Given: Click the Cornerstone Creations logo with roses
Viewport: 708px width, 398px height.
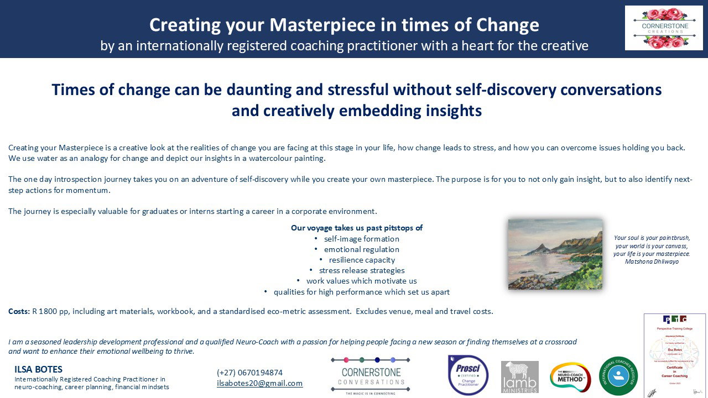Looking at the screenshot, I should coord(664,28).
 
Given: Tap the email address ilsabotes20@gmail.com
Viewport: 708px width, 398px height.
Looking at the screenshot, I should coord(259,383).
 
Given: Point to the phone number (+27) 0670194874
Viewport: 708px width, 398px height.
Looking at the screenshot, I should coord(249,373).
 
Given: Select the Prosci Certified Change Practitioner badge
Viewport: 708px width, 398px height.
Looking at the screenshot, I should coord(468,375).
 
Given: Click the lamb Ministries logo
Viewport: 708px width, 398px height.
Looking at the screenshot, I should coord(519,377).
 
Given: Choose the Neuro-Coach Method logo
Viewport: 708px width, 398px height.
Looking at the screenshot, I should coord(570,377).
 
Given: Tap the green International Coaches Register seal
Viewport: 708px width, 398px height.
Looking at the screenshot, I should coord(618,376).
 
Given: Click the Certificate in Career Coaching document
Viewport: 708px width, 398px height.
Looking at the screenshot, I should coord(675,355).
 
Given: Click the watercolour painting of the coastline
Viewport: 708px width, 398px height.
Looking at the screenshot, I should coord(555,254).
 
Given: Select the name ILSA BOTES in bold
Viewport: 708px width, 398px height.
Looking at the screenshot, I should coord(38,369).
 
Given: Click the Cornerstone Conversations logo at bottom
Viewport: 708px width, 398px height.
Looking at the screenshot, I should coord(371,375).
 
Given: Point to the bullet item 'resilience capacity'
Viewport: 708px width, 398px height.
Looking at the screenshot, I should coord(362,260).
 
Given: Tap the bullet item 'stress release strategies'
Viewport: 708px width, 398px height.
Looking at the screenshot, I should coord(362,270).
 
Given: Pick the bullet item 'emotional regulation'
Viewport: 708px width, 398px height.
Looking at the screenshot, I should coord(362,249).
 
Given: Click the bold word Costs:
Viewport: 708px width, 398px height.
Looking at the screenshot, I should coord(18,311).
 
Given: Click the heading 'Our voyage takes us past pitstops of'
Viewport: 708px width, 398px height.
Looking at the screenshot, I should coord(357,228).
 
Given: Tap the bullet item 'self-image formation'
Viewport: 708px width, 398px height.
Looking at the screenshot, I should coord(362,239).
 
